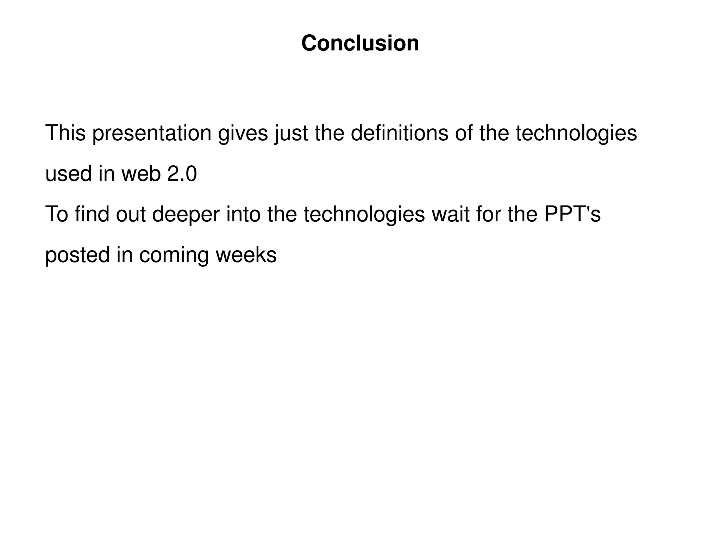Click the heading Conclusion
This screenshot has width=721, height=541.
click(x=360, y=43)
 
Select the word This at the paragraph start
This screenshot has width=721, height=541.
click(x=65, y=133)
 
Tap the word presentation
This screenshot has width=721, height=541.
click(x=152, y=134)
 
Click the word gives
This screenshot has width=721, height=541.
click(x=243, y=134)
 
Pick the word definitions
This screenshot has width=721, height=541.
click(x=399, y=133)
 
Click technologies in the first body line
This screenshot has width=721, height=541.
click(x=576, y=134)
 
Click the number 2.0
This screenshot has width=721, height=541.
click(x=182, y=174)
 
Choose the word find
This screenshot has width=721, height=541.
click(x=92, y=214)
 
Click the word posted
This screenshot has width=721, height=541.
click(x=77, y=255)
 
